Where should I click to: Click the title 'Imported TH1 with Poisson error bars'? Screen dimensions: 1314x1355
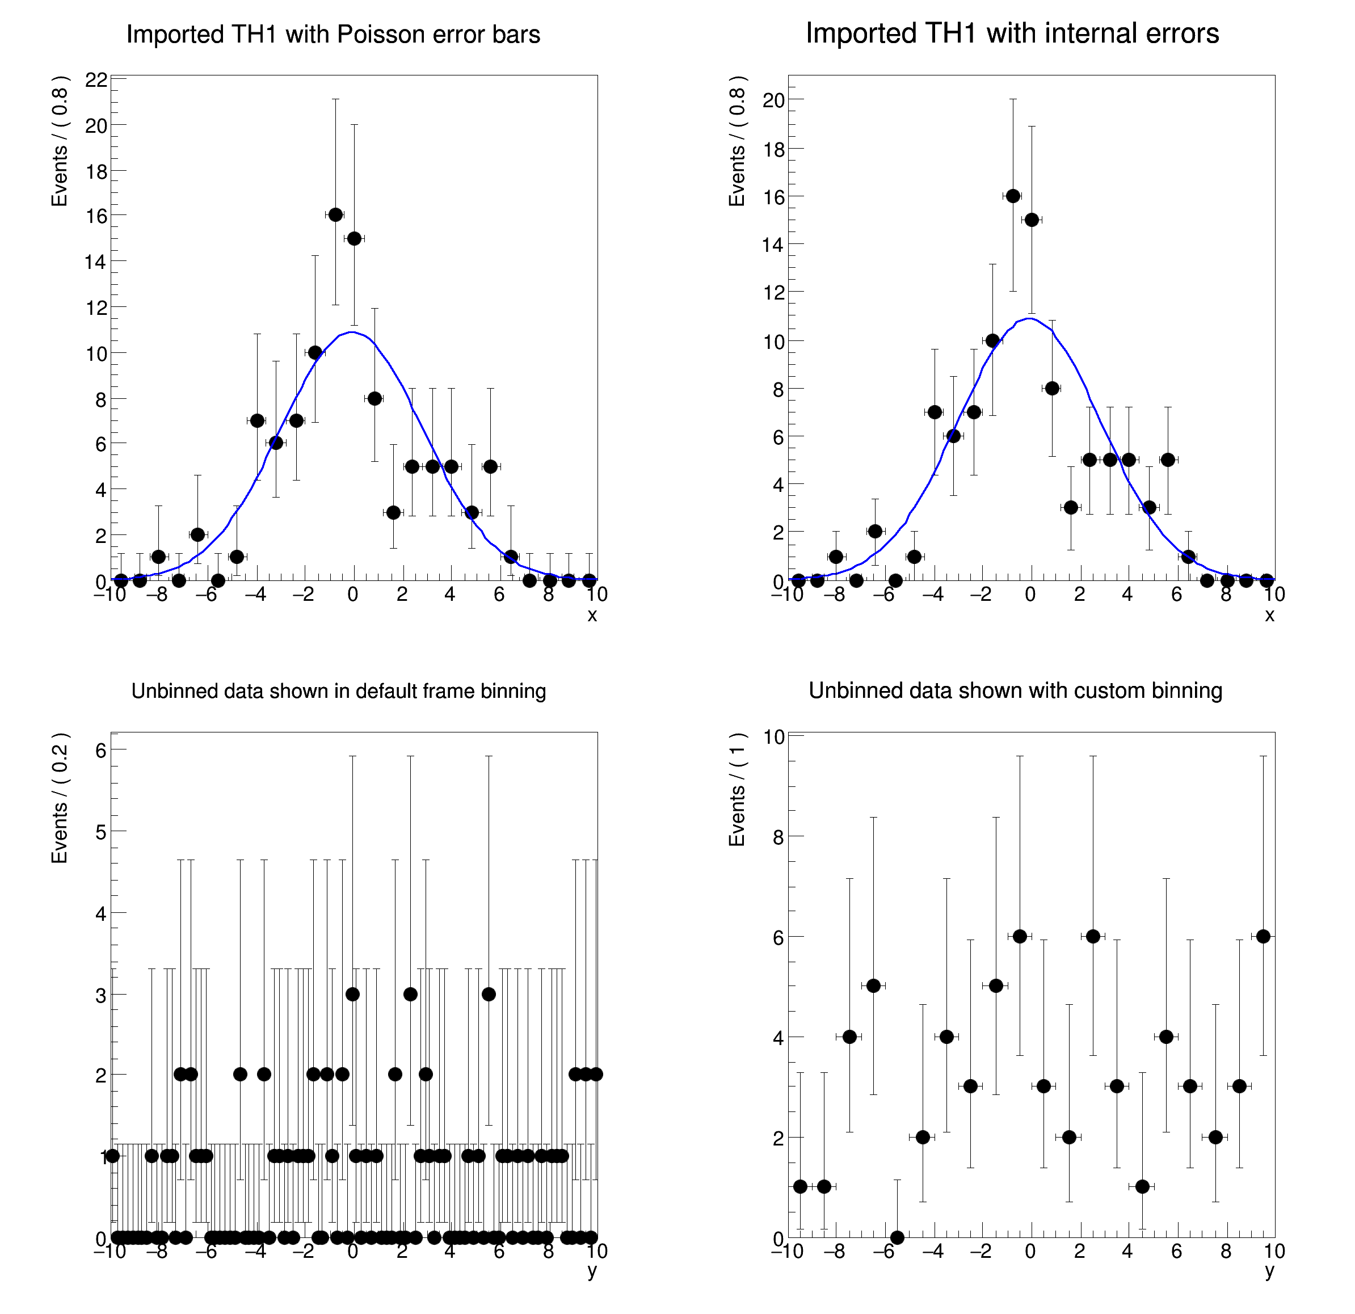333,35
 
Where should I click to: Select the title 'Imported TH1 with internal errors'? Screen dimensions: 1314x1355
1012,33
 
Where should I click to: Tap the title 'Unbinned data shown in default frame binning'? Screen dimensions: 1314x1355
339,691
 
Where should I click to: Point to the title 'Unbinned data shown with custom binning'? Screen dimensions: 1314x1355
1016,690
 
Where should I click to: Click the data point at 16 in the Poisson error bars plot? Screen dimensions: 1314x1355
335,215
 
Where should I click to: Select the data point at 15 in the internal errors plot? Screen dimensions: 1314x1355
1032,220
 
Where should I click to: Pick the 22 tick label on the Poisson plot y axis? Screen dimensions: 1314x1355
97,80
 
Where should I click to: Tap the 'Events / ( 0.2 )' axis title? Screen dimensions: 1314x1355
60,798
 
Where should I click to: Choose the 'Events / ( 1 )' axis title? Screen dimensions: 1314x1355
738,789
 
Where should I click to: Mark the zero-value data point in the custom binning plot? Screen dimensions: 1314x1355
897,1237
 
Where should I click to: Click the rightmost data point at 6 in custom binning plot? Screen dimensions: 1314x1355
1263,937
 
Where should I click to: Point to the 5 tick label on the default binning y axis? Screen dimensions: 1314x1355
102,832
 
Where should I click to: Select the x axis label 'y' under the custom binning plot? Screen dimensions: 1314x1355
1269,1270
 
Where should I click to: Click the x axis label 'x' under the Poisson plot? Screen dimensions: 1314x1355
592,615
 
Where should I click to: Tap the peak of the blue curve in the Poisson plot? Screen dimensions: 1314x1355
352,332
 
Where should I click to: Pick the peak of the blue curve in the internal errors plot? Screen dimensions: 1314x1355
1030,319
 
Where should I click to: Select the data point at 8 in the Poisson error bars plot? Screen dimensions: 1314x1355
374,399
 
